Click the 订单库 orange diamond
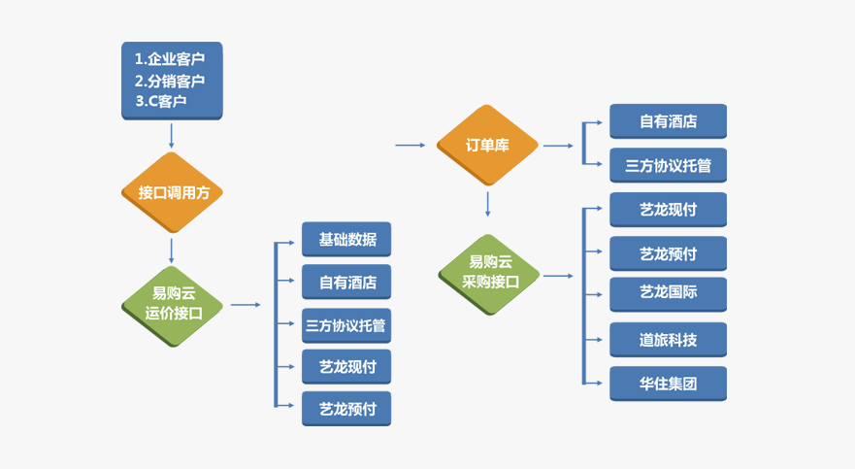[x=487, y=145]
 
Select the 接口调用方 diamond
[x=172, y=192]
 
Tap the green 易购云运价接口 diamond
[x=172, y=306]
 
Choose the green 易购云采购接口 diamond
[x=488, y=274]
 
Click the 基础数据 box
[x=346, y=239]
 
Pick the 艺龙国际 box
[x=668, y=294]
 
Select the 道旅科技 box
[x=668, y=339]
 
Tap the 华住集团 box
[x=668, y=384]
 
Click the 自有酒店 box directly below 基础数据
[x=346, y=282]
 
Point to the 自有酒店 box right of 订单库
[x=668, y=121]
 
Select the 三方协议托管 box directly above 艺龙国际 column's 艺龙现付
[x=668, y=165]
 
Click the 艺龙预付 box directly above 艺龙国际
[x=668, y=253]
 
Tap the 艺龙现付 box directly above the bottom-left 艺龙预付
[x=346, y=366]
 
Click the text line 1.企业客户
[x=170, y=59]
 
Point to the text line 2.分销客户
[x=170, y=81]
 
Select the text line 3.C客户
[x=161, y=101]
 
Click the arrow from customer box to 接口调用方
[x=171, y=136]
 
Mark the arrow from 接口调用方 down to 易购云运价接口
[x=171, y=251]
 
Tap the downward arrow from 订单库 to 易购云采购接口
[x=487, y=204]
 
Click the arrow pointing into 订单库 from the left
[x=411, y=145]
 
